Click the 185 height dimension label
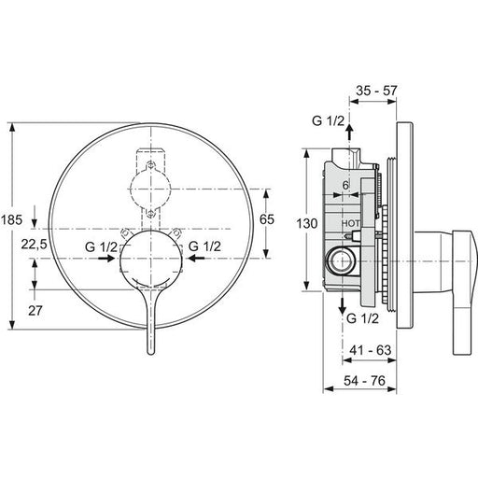[11, 219]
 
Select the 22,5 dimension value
[34, 245]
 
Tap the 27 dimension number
[35, 310]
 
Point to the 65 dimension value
[267, 219]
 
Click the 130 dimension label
[306, 223]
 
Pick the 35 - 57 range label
[376, 91]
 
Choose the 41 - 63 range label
[371, 350]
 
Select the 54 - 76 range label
[364, 380]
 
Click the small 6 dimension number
[345, 185]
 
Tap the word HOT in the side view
[351, 223]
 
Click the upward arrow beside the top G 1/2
[349, 132]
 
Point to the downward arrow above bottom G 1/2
[343, 306]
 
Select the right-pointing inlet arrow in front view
[106, 258]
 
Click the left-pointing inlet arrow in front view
[197, 258]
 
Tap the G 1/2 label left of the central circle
[101, 247]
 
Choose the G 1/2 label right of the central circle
[204, 246]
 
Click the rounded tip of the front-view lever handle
[150, 353]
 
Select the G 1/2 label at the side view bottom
[363, 318]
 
